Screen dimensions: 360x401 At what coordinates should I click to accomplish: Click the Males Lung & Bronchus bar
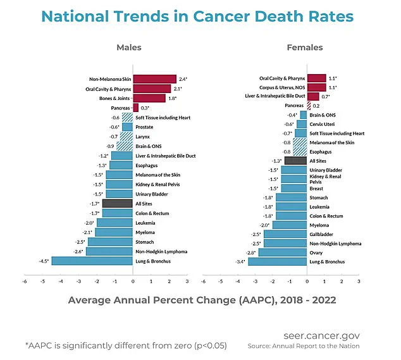click(92, 261)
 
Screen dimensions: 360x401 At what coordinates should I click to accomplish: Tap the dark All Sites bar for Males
click(118, 203)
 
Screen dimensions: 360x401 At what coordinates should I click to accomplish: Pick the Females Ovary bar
click(283, 252)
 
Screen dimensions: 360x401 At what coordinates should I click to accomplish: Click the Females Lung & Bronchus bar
click(277, 261)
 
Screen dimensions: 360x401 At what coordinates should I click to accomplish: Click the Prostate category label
click(145, 127)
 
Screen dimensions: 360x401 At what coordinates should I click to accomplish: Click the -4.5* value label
click(43, 261)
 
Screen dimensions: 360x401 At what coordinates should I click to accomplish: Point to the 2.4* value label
click(184, 79)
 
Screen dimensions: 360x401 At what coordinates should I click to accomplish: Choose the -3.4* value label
click(240, 261)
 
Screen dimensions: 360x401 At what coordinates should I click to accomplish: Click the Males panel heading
click(129, 47)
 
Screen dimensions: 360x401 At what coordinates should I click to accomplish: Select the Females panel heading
click(304, 47)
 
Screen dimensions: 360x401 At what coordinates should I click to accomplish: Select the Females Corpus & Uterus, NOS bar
click(316, 87)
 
